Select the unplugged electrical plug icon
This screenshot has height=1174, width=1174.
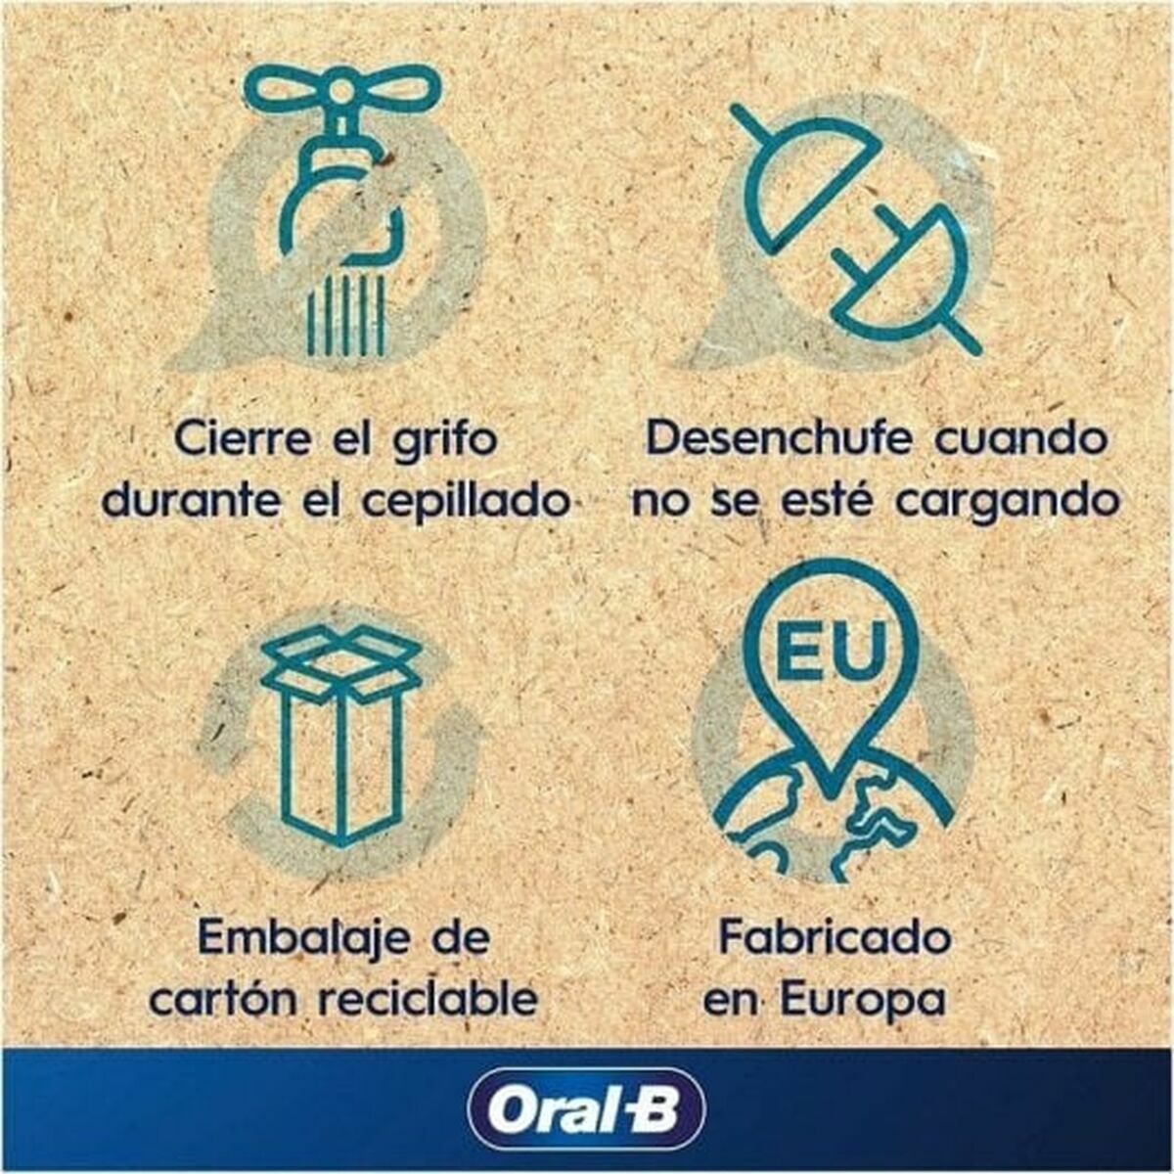855,230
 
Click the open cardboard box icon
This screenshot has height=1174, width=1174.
341,733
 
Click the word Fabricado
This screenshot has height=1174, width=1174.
835,938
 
